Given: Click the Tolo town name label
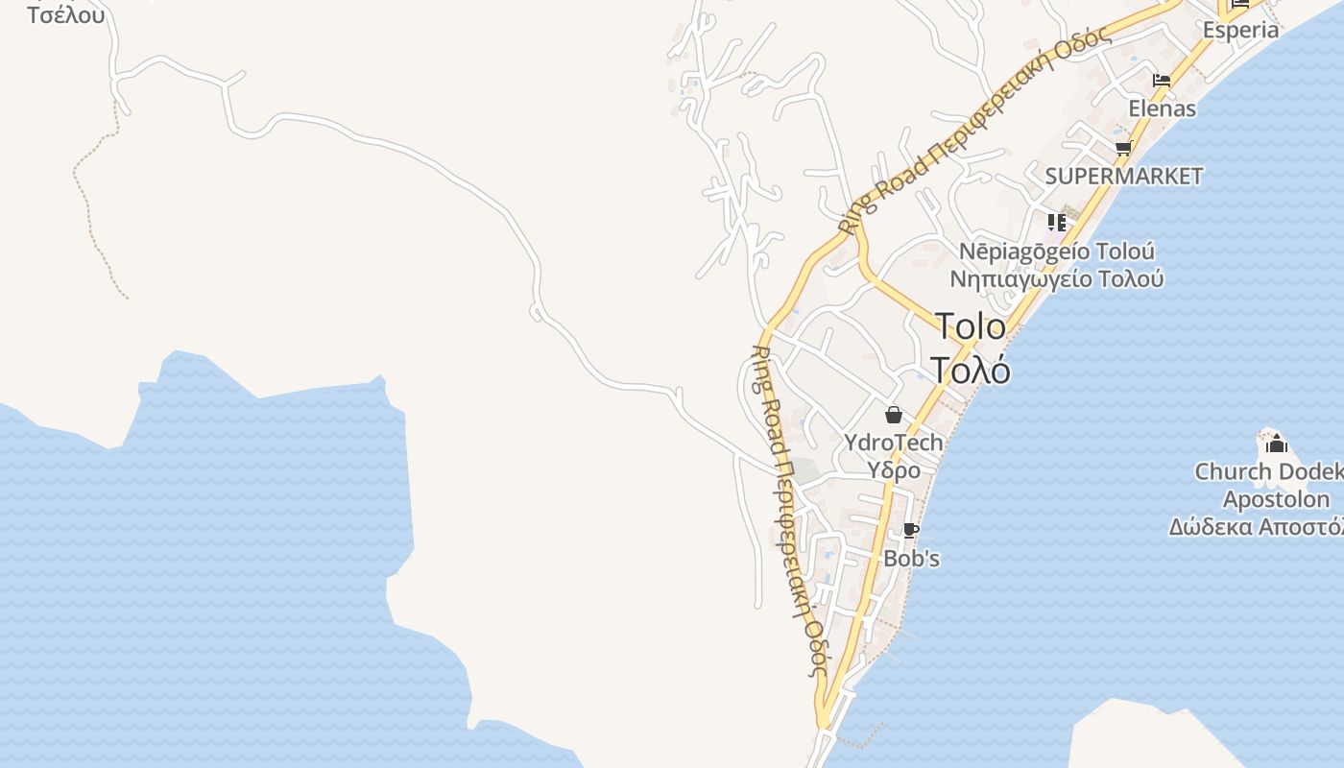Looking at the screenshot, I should pos(970,327).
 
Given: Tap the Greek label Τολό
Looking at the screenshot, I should pos(970,370).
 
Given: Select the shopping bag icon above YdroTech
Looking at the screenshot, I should pos(894,415).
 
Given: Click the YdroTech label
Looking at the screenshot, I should pos(893,443).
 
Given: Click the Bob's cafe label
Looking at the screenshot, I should pos(911,558).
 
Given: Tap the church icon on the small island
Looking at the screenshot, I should pos(1276,444).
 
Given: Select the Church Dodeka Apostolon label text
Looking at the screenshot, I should pos(1267,485).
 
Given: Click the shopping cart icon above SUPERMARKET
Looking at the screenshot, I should pos(1123,148).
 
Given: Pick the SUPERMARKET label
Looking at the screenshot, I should pos(1123,176).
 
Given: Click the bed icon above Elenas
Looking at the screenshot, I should pos(1162,81).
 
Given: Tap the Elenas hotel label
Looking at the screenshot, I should pos(1162,108).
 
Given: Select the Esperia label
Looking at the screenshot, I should pos(1240,30).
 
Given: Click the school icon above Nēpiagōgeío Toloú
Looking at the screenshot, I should pos(1057,223).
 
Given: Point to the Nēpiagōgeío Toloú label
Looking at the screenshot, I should pos(1057,252).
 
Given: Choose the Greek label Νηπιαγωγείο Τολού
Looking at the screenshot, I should pos(1057,279).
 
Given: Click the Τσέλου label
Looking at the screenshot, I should pos(66,15).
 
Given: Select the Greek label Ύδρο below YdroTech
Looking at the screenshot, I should pos(894,470).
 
